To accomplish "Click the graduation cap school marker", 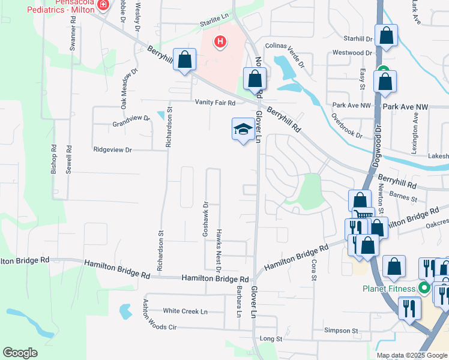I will (243, 128).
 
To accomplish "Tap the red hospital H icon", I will (221, 42).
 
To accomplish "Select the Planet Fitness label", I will (390, 289).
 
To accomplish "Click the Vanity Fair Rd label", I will (215, 103).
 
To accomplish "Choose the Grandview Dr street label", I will (131, 122).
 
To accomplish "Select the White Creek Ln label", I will (185, 311).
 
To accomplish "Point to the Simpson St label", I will (341, 331).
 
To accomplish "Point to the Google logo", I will (20, 353).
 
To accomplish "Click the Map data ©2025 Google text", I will (411, 355).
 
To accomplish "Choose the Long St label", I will (271, 339).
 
